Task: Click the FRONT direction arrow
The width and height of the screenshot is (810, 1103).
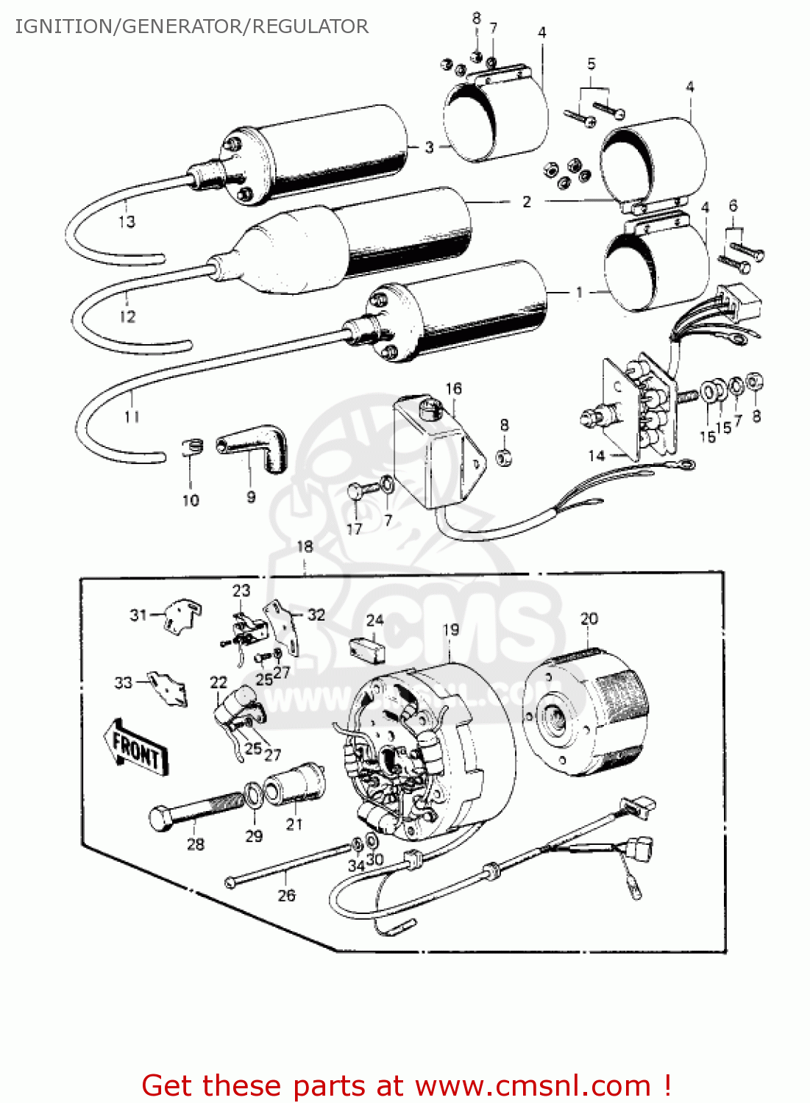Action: point(137,747)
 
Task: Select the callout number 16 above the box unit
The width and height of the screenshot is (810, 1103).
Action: point(453,388)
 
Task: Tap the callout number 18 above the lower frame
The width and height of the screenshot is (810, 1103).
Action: point(305,546)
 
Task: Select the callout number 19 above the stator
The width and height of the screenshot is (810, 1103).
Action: point(450,629)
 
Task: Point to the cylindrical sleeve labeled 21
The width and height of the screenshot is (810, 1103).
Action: point(294,786)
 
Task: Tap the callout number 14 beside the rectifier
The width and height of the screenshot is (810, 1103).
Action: point(596,456)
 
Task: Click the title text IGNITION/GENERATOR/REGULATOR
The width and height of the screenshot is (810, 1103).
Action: point(191,26)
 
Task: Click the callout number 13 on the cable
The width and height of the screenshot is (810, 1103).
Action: point(127,221)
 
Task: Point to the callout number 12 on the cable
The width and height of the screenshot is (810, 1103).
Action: point(127,317)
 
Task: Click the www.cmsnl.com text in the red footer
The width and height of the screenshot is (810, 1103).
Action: point(533,1086)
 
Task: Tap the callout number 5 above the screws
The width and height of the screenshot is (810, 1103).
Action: point(591,64)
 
